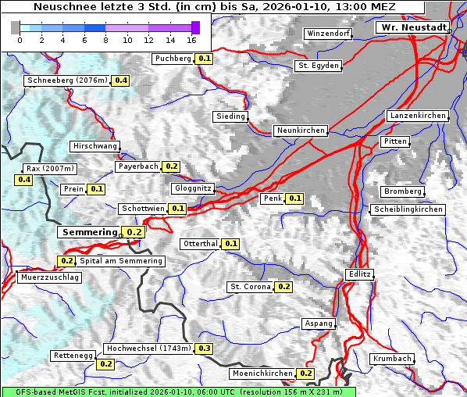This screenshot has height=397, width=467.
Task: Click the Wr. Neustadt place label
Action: (412, 27)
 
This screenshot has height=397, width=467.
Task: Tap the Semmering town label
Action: (88, 232)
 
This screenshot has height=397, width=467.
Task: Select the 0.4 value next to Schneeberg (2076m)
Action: (122, 80)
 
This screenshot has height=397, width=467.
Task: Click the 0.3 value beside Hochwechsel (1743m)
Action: (205, 349)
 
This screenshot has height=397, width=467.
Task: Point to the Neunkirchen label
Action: (300, 131)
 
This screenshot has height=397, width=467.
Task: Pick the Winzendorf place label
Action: (328, 34)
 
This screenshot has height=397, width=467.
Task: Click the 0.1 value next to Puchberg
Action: (205, 59)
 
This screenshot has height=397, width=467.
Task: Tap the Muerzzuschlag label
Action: (48, 277)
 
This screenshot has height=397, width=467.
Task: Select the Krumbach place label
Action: (391, 359)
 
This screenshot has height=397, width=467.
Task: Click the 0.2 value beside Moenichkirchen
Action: (306, 374)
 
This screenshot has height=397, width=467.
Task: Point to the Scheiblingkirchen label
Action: (408, 209)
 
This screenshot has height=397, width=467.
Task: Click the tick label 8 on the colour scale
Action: (105, 40)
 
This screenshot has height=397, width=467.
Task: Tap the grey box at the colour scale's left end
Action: (16, 27)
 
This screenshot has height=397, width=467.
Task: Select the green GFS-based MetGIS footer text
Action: (178, 392)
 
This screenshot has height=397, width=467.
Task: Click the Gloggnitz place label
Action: (191, 188)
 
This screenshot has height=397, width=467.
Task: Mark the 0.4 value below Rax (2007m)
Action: (24, 180)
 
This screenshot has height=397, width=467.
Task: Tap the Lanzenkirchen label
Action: (417, 116)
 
